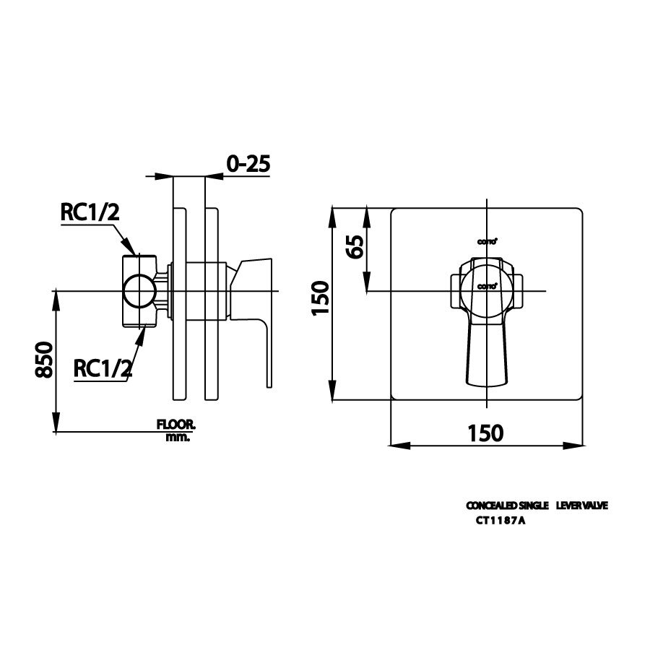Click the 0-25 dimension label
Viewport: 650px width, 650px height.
(x=248, y=164)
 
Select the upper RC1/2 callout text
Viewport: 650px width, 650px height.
(x=89, y=212)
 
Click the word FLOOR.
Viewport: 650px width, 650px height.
(x=176, y=426)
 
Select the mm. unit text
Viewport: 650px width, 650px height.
(x=177, y=438)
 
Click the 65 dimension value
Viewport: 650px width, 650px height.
(x=355, y=247)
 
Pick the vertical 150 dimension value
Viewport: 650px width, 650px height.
(x=321, y=298)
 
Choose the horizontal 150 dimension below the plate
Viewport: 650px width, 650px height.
(x=485, y=433)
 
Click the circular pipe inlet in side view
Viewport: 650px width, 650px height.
(x=138, y=292)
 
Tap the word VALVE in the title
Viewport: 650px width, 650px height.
(x=595, y=506)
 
